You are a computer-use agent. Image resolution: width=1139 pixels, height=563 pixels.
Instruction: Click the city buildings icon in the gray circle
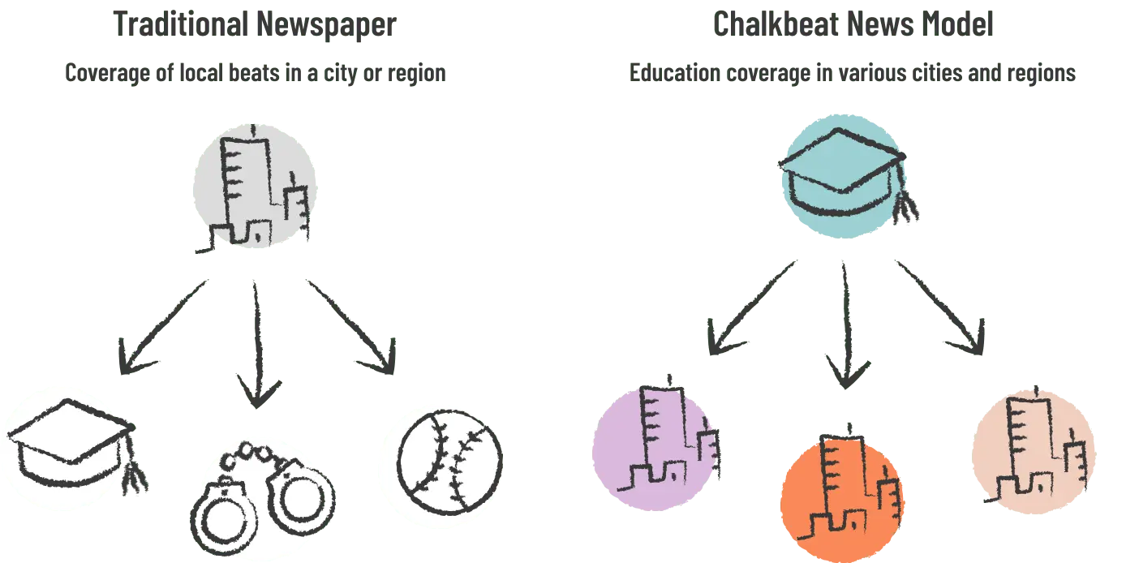(x=253, y=190)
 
